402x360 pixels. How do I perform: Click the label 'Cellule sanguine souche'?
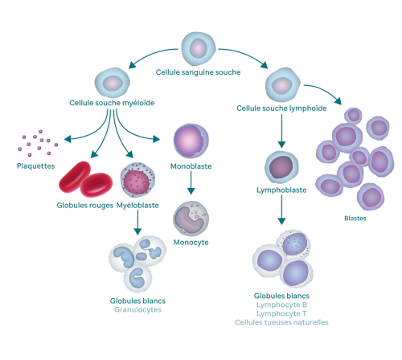point(197,72)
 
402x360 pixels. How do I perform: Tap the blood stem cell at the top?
point(197,47)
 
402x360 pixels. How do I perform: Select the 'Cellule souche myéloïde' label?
point(112,103)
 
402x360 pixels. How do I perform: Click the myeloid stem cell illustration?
point(112,82)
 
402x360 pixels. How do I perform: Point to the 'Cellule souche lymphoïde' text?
point(281,108)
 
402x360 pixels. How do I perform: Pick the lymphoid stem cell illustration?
point(281,84)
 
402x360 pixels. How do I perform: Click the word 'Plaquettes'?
point(36,166)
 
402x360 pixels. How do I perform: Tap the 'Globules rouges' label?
point(85,206)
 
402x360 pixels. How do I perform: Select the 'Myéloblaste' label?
point(137,206)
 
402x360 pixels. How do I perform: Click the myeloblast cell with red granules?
point(137,180)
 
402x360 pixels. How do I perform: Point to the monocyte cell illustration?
point(191,217)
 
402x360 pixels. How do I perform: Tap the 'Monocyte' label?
point(191,242)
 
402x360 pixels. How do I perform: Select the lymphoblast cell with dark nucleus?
point(281,166)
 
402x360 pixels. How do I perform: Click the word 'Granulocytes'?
point(137,309)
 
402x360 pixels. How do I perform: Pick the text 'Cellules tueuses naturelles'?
point(281,322)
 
